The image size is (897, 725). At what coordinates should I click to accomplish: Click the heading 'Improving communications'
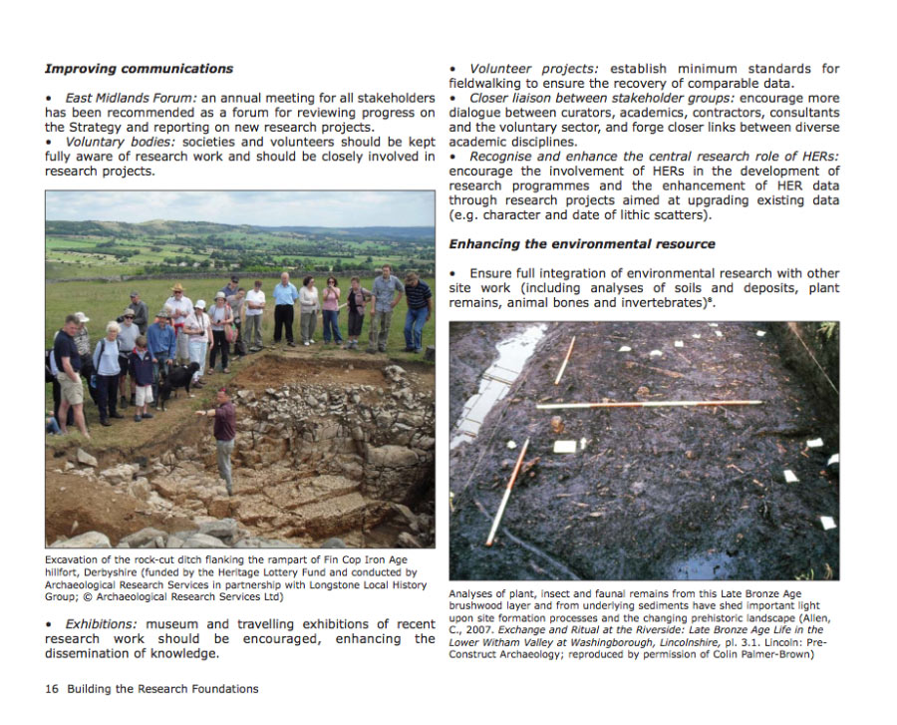click(139, 69)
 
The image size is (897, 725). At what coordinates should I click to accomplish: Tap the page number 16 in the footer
click(51, 689)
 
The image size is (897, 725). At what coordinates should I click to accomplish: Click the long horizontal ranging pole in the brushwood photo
click(648, 404)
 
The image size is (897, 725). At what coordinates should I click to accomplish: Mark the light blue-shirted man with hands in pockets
click(285, 307)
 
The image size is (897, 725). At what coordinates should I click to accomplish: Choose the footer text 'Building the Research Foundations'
click(162, 689)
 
